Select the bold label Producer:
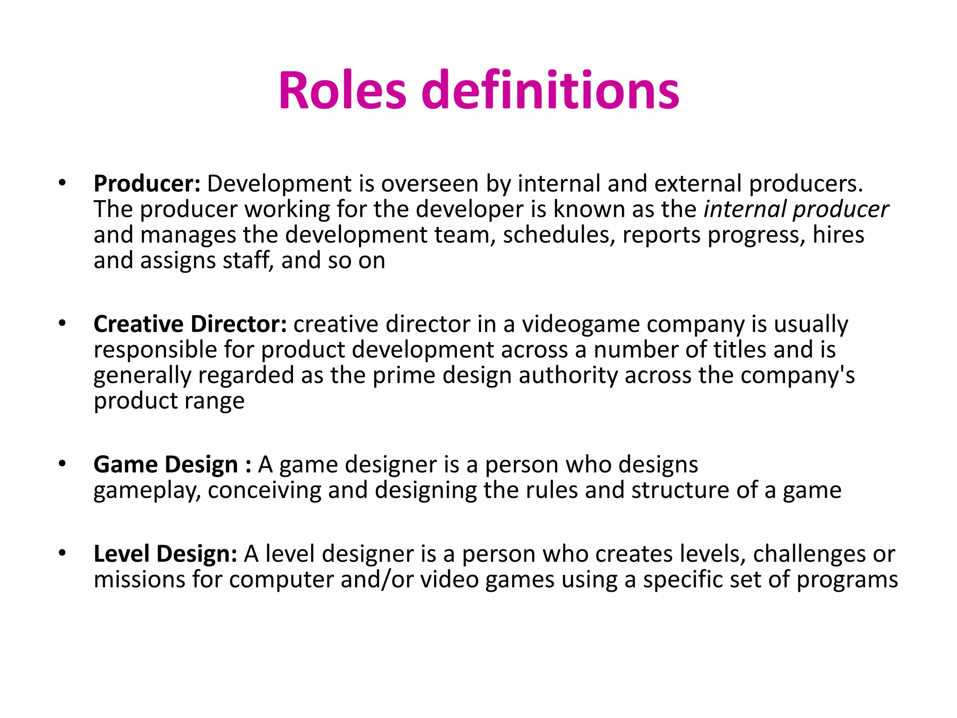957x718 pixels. [147, 184]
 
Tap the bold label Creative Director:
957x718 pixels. [190, 324]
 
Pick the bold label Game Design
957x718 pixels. [166, 465]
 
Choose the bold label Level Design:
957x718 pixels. [165, 554]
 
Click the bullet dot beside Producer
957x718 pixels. [62, 183]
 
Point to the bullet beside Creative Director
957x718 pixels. [62, 323]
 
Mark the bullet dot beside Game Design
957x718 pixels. [62, 464]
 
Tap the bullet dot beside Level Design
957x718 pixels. [62, 553]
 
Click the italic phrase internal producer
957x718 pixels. [796, 209]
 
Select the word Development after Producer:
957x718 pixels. [279, 184]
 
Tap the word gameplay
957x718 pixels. [147, 491]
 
